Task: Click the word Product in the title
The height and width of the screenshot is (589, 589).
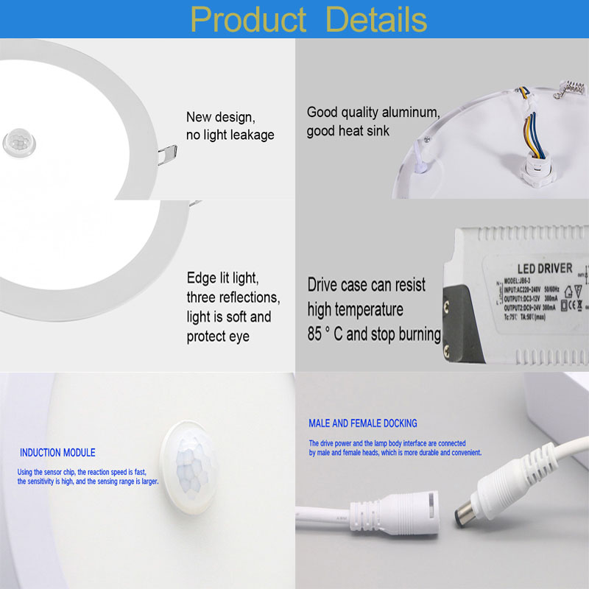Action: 248,19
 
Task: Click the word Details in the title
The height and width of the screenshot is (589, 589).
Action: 376,19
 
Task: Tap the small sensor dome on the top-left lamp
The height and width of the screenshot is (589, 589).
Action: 15,141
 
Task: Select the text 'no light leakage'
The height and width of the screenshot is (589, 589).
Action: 230,135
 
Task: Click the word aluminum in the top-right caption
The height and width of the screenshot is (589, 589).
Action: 404,113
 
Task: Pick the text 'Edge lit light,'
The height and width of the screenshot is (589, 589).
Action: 222,278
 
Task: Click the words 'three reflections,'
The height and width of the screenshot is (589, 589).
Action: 233,297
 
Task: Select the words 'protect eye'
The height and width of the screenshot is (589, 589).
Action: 218,336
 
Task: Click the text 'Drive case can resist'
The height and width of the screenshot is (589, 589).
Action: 367,285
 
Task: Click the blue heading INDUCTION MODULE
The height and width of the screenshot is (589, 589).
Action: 57,453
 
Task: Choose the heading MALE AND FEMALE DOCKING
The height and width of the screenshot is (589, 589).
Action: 363,423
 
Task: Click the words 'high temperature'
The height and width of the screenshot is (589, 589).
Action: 356,309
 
